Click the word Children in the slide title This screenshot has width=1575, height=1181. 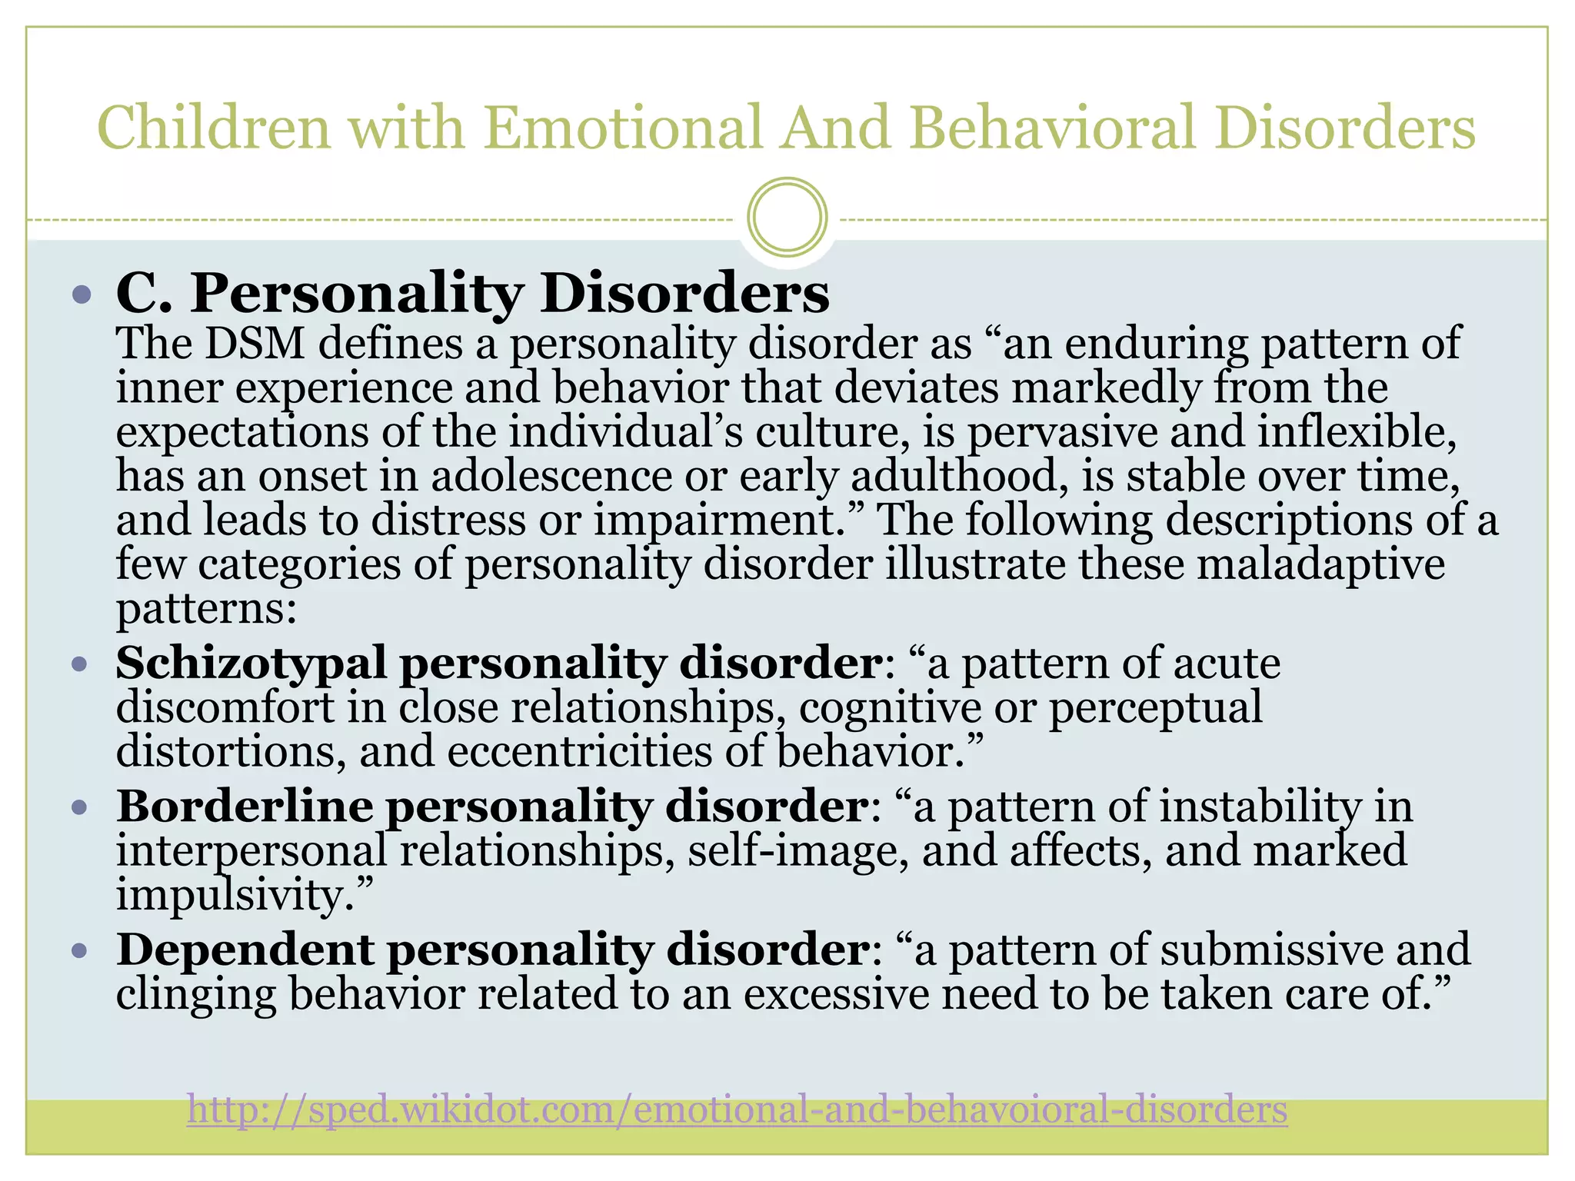pos(214,128)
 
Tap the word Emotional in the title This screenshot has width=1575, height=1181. pos(622,128)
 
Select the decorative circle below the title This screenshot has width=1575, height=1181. pos(787,217)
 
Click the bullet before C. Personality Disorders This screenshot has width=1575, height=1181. pos(81,294)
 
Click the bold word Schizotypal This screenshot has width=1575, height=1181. pos(251,663)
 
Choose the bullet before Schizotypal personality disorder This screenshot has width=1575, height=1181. pos(81,664)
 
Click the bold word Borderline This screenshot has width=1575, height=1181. pos(245,807)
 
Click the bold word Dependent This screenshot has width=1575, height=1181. pos(245,950)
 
